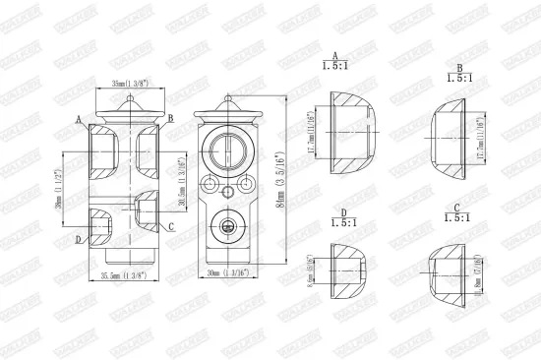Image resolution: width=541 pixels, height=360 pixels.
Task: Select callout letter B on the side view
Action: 170,118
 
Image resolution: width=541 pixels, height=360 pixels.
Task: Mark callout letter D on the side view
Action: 78,238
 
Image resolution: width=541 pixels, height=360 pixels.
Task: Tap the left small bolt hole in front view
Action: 211,183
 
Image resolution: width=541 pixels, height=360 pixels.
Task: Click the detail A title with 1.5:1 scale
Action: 337,63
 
